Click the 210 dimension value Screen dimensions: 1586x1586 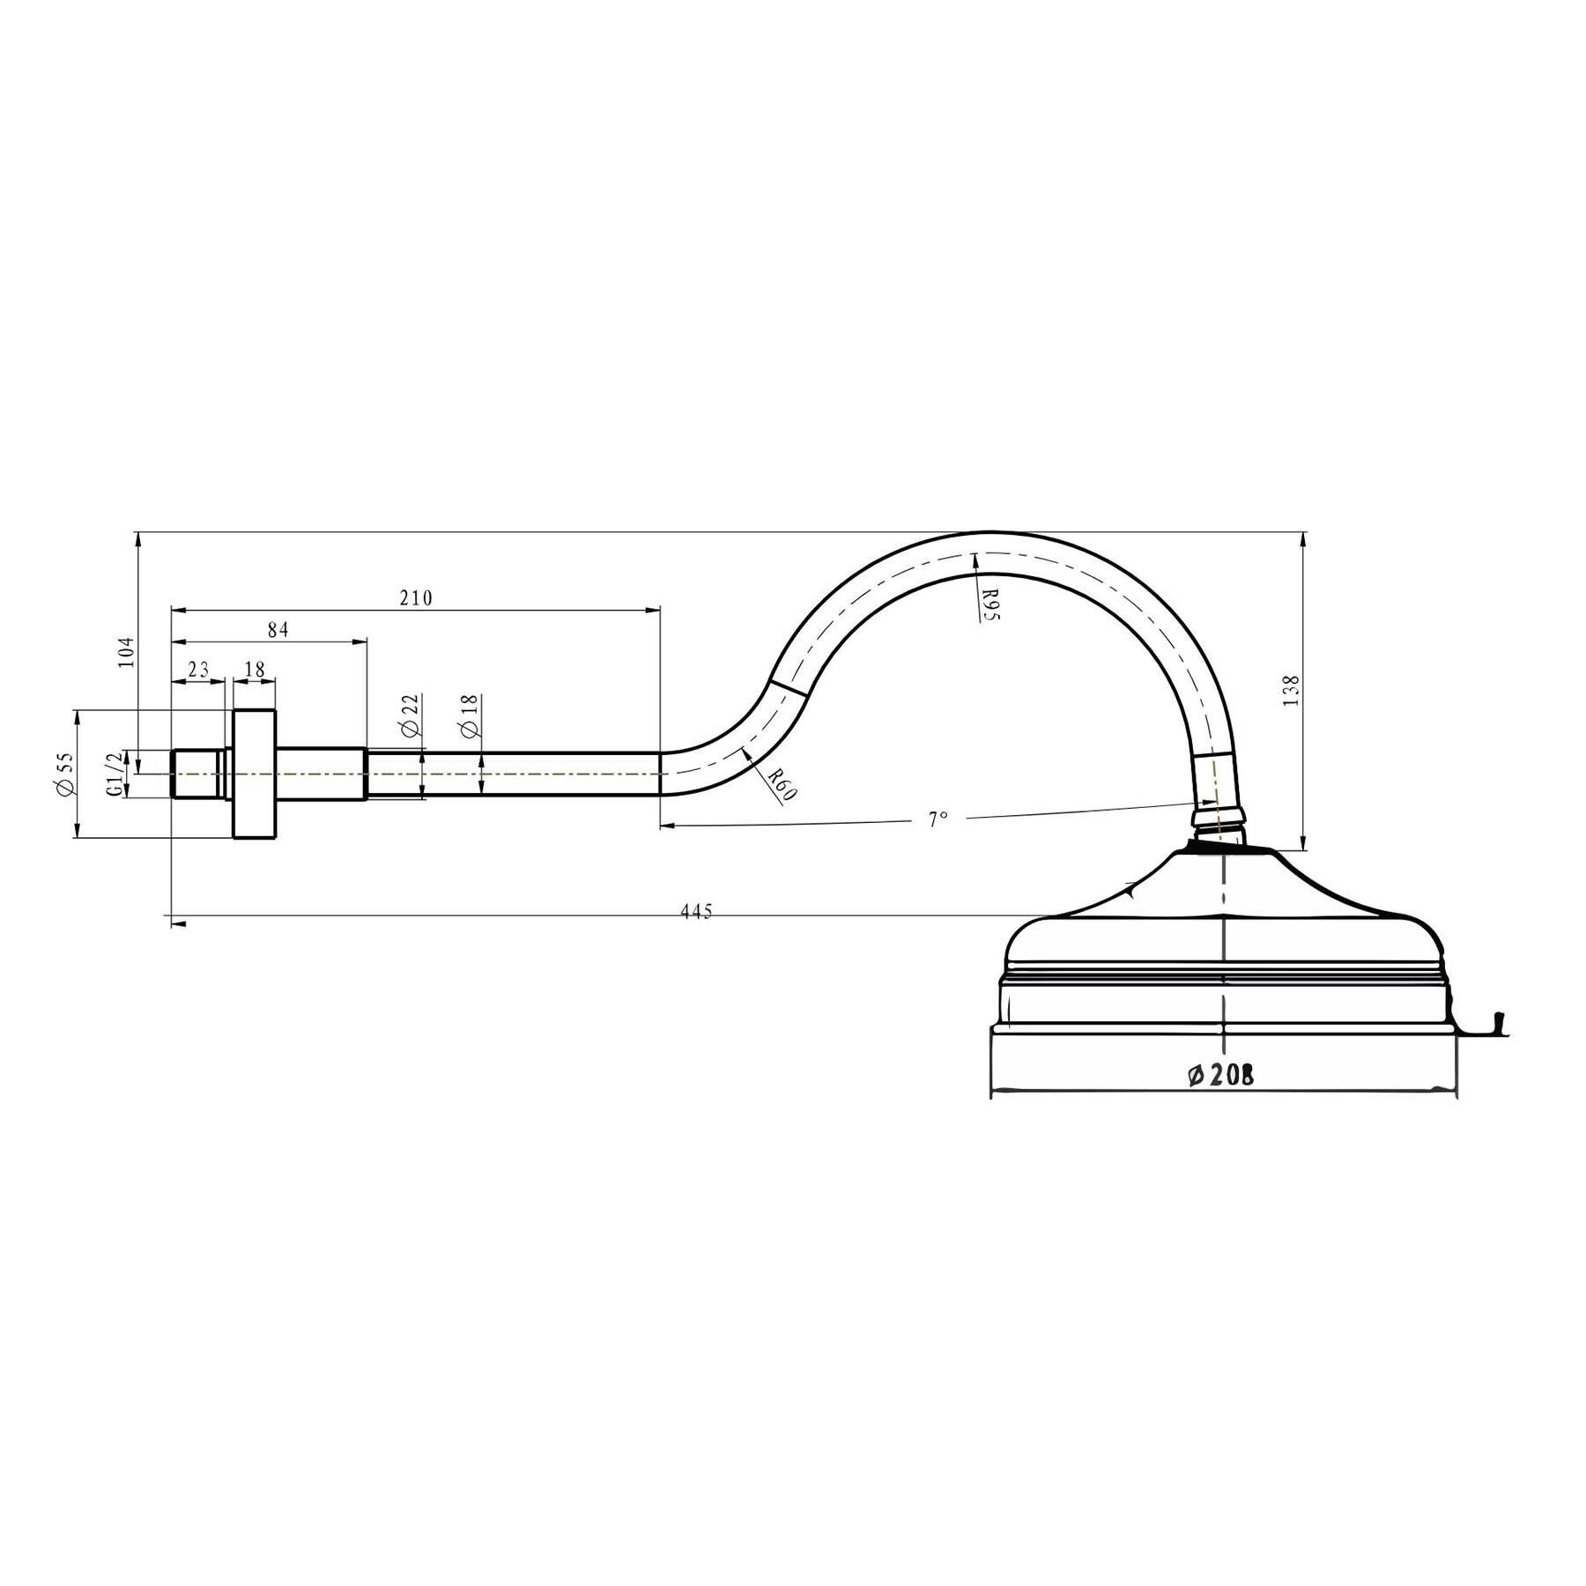[x=416, y=598]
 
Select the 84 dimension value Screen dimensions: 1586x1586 [x=278, y=629]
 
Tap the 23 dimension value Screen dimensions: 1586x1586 [x=198, y=670]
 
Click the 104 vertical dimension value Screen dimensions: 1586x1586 [x=127, y=653]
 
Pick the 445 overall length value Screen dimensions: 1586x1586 [x=695, y=912]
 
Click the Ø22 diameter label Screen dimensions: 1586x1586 [x=408, y=715]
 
